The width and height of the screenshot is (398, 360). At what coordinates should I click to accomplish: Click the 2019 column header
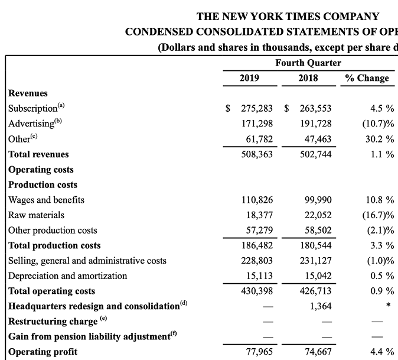249,78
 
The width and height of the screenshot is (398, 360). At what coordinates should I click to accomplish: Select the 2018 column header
308,78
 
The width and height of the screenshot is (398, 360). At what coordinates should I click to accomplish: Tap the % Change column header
367,78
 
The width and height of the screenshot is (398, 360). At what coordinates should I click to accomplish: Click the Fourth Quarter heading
308,63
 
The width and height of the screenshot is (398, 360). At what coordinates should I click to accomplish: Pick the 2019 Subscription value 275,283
257,109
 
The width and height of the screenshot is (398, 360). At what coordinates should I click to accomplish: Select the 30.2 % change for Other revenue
379,140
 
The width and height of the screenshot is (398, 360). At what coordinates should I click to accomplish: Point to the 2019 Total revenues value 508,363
257,155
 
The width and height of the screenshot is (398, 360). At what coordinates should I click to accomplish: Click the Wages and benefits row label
47,200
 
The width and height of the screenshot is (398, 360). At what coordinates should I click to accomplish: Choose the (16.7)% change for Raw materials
378,215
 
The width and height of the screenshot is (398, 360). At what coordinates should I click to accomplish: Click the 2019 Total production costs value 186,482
257,245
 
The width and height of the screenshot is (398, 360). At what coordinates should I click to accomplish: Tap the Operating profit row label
43,352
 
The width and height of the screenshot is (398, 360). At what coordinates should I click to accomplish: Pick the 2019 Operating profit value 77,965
259,352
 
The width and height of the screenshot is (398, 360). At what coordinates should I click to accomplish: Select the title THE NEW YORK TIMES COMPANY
288,17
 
